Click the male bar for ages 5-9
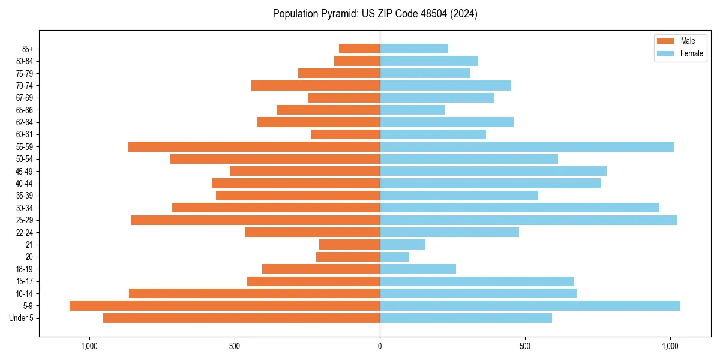click(x=224, y=306)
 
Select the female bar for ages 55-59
click(x=527, y=147)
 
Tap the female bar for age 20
click(x=394, y=257)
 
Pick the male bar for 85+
click(x=359, y=49)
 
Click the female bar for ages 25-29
click(x=528, y=220)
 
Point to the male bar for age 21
click(x=349, y=245)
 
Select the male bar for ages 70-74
click(x=316, y=86)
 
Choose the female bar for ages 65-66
click(x=412, y=110)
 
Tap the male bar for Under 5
click(x=241, y=318)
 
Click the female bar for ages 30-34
click(x=520, y=208)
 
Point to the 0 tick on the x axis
click(x=380, y=346)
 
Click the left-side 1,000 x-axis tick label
click(x=89, y=346)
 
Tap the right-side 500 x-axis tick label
click(x=525, y=346)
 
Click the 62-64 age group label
click(x=25, y=122)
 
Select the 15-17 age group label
click(x=25, y=281)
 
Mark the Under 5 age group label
click(x=22, y=318)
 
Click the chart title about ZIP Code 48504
click(x=375, y=14)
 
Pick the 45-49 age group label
click(x=25, y=172)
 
